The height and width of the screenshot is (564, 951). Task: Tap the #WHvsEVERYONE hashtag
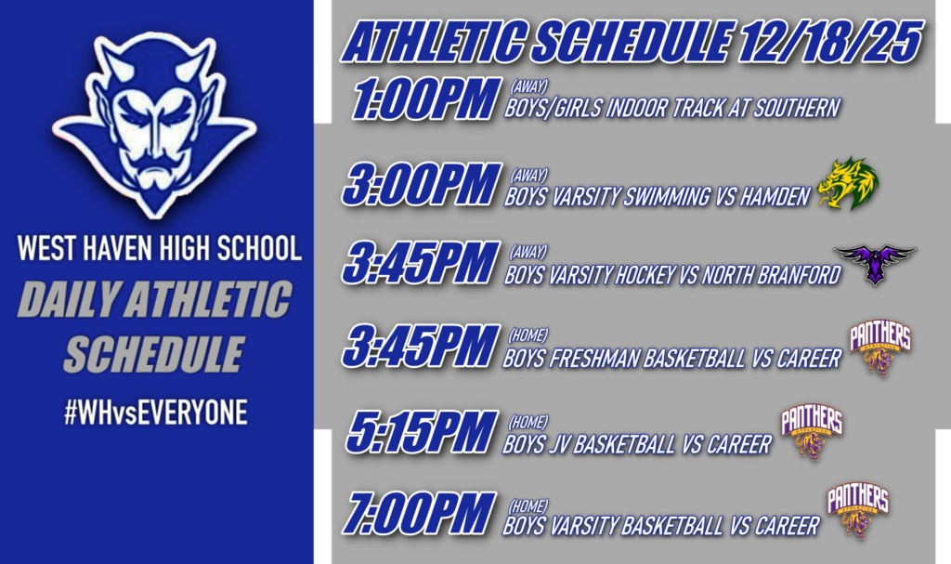click(155, 413)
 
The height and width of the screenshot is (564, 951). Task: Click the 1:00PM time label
click(423, 100)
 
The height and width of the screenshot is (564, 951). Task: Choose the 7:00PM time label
click(417, 513)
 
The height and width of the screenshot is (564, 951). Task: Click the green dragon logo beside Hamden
click(848, 183)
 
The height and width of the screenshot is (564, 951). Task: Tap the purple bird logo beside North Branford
click(874, 263)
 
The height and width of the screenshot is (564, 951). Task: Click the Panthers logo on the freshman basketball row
click(879, 347)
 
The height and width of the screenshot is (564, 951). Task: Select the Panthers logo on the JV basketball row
click(811, 431)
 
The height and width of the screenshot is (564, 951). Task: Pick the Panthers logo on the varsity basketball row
click(857, 510)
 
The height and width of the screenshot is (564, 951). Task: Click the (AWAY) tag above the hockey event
click(529, 252)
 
